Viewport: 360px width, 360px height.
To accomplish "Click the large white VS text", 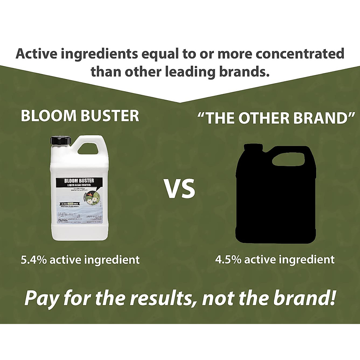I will click(x=179, y=189).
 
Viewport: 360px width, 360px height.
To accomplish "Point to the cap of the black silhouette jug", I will click(x=254, y=147).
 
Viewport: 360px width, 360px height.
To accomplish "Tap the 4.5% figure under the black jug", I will click(x=228, y=259).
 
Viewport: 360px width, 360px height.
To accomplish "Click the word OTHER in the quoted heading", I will click(x=263, y=118).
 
